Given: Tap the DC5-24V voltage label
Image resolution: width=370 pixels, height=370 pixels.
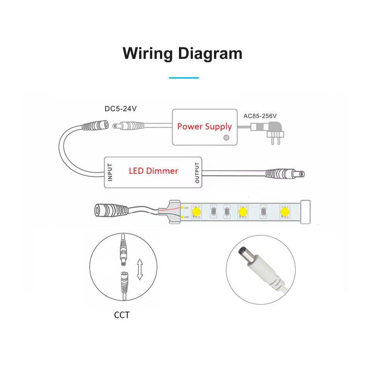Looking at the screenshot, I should click(x=121, y=109).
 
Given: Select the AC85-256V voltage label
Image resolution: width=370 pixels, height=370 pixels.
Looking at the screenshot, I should click(x=260, y=116).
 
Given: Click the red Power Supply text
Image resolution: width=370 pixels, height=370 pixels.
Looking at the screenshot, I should click(x=204, y=126).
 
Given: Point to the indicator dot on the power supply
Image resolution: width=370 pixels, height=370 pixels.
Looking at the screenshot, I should click(x=227, y=138).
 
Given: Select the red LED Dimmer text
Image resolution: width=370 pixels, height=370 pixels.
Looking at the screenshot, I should click(x=153, y=170).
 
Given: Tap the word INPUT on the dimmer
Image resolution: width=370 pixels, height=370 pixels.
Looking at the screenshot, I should click(x=110, y=172).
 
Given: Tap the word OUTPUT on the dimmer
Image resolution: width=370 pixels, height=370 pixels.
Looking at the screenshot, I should click(x=197, y=173).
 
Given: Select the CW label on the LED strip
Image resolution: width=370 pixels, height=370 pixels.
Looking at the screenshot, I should click(x=186, y=207).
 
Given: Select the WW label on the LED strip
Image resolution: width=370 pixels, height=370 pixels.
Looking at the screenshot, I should click(x=186, y=217).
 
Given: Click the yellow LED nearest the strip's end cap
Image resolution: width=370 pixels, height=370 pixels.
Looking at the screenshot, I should click(x=284, y=212).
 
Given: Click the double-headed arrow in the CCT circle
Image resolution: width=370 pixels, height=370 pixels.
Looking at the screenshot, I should click(x=140, y=269).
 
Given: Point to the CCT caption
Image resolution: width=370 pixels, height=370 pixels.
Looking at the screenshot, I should click(x=122, y=315).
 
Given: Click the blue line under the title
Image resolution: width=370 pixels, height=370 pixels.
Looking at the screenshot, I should click(x=184, y=78).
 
